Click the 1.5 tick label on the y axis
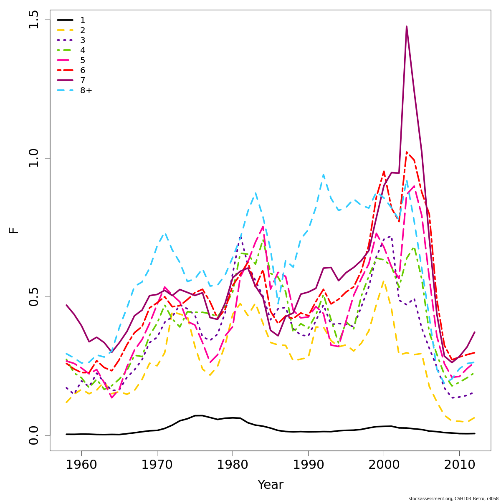(33, 20)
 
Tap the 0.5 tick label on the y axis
(33, 296)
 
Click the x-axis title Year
(270, 485)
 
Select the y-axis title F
(14, 230)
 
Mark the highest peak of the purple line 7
(406, 26)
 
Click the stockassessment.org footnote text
(453, 498)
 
